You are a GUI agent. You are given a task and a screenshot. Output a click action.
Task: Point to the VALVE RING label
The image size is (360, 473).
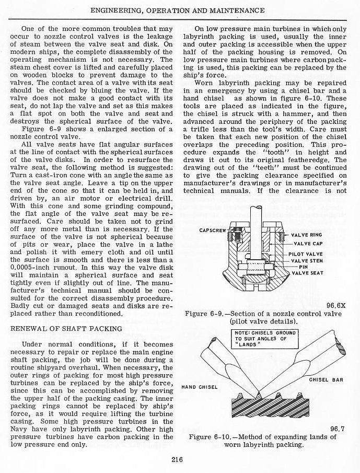pyautogui.click(x=308, y=235)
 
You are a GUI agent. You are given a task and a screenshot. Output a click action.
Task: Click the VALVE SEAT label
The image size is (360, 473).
pyautogui.click(x=307, y=273)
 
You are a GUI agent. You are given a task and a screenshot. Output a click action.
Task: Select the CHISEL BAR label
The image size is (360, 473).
pyautogui.click(x=326, y=380)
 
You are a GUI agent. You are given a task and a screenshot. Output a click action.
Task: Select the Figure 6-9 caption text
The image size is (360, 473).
pyautogui.click(x=263, y=317)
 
